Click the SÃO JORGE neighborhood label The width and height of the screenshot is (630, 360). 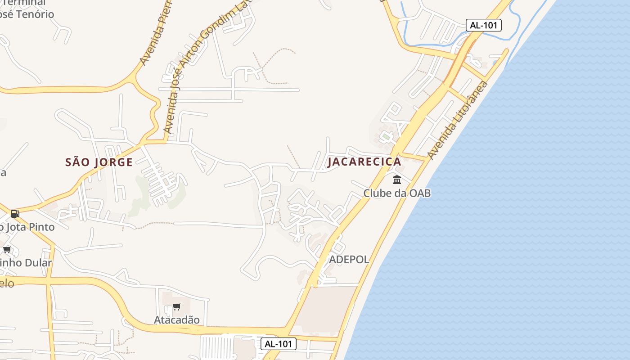(x=99, y=162)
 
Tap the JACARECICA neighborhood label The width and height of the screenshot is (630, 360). (x=364, y=162)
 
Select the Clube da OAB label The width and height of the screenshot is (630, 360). (x=397, y=193)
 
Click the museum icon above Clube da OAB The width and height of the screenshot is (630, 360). (x=397, y=180)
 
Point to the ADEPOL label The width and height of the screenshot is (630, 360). (x=349, y=259)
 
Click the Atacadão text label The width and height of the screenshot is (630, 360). (x=177, y=320)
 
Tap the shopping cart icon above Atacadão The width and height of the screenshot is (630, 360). (x=177, y=307)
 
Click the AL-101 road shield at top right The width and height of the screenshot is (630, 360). (x=483, y=25)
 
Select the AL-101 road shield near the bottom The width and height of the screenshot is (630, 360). (x=279, y=344)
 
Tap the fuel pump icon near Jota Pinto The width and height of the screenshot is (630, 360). (x=15, y=213)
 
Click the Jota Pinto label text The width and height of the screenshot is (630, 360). (x=28, y=227)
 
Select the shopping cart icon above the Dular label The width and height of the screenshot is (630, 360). (x=7, y=249)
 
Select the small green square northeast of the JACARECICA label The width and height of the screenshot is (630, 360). (x=386, y=135)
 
